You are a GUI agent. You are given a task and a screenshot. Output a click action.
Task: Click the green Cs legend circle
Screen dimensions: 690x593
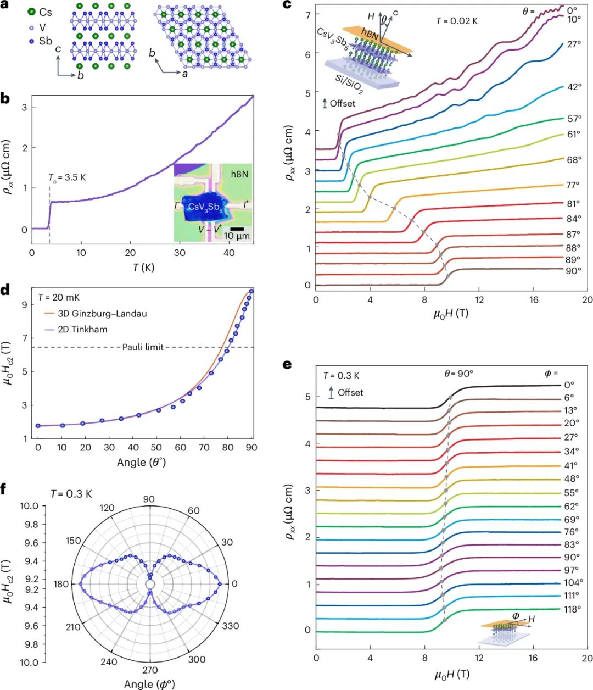pyautogui.click(x=32, y=12)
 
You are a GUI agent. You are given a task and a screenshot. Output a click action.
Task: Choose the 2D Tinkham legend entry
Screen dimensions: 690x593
pyautogui.click(x=83, y=329)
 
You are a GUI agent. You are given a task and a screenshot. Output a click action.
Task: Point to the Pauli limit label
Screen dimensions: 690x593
pyautogui.click(x=143, y=347)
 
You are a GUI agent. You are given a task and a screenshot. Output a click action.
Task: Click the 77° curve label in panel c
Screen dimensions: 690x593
pyautogui.click(x=573, y=186)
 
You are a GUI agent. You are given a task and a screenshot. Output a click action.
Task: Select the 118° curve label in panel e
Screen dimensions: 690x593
pyautogui.click(x=572, y=609)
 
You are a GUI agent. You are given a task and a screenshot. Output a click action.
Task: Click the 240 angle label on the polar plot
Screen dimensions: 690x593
pyautogui.click(x=109, y=661)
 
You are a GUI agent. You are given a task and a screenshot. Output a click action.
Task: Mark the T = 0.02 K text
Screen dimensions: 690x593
pyautogui.click(x=457, y=21)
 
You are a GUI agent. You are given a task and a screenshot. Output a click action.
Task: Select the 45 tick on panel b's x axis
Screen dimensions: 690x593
pyautogui.click(x=254, y=253)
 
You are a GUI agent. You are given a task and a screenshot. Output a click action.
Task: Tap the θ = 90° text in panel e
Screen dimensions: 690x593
pyautogui.click(x=459, y=373)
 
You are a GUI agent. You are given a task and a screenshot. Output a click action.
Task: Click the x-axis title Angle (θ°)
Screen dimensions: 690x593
pyautogui.click(x=142, y=462)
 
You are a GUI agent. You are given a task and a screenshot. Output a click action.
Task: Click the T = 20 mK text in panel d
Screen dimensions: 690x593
pyautogui.click(x=59, y=297)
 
